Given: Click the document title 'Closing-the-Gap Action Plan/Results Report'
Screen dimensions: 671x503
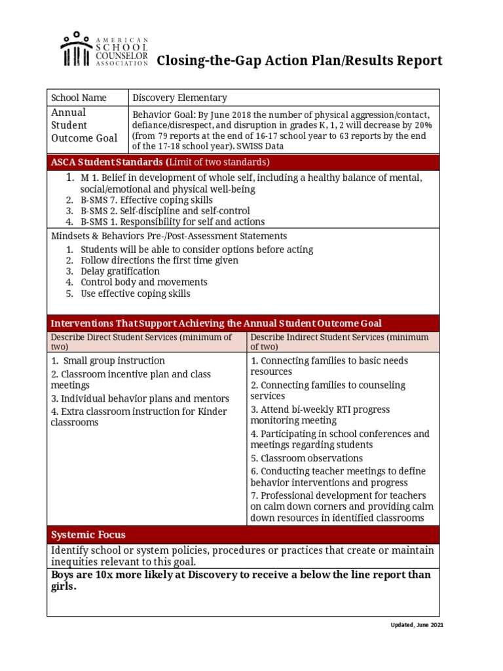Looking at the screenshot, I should [299, 61].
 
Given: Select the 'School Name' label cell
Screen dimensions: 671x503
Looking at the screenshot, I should [79, 98].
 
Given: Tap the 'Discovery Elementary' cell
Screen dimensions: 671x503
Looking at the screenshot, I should [179, 98].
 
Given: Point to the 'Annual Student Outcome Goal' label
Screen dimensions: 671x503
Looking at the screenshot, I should [84, 125].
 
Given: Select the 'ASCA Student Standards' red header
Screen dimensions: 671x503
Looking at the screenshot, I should [160, 162].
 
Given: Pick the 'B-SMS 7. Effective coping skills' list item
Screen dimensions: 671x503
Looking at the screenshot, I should [146, 200].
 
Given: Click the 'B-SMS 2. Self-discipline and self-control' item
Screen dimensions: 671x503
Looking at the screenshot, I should [165, 211].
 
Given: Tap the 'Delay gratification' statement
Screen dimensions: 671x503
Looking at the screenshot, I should [120, 271].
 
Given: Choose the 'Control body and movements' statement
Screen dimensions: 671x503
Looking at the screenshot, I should [143, 282].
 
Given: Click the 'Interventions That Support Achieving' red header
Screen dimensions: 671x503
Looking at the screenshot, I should [216, 324].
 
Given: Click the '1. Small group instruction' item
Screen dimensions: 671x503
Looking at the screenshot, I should [108, 361].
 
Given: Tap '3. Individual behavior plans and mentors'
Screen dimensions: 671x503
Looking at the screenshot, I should [140, 398].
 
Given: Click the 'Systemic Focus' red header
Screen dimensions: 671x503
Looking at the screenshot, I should [88, 535].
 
